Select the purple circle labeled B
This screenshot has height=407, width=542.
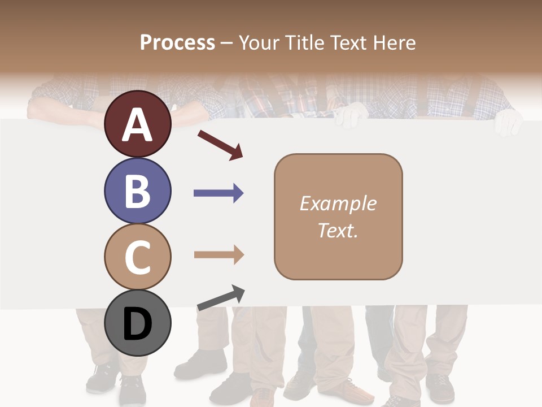tap(137, 190)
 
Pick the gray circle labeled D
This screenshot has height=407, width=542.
tap(137, 324)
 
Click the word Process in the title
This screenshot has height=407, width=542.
tap(177, 42)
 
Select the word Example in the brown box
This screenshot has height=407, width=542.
tap(338, 203)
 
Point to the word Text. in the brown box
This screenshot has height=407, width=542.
tap(338, 230)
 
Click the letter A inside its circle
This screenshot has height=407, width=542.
tap(137, 125)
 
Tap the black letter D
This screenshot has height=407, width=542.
tap(137, 324)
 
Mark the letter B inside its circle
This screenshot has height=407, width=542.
tap(137, 190)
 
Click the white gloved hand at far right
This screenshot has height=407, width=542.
tap(508, 122)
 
